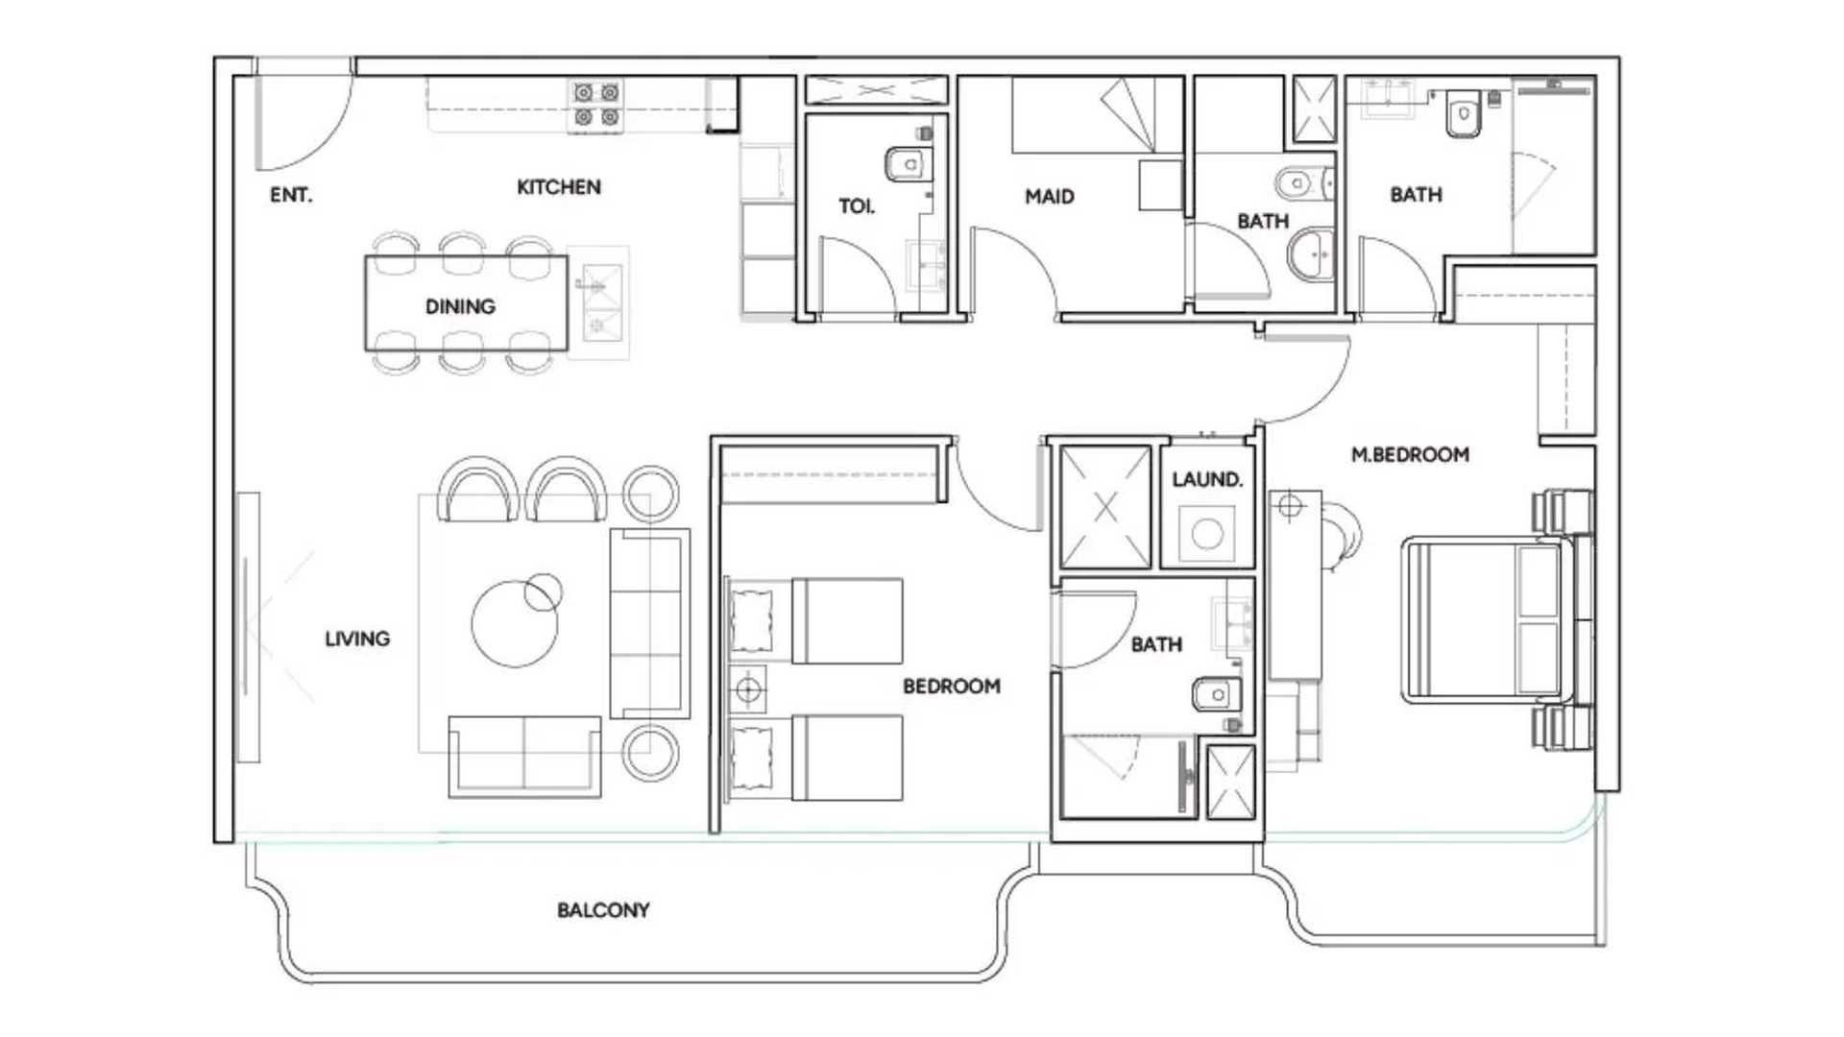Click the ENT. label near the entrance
coord(290,195)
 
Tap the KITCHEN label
coord(559,187)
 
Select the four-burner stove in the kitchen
coord(596,105)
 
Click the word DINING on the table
coord(460,306)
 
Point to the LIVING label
coord(357,639)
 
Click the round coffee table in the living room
coord(515,623)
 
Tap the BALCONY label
coord(603,909)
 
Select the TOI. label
coord(857,206)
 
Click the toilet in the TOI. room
coord(909,164)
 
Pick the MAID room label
coord(1049,197)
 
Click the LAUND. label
coord(1206,479)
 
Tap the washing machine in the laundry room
coord(1206,534)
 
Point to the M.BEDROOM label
coord(1410,455)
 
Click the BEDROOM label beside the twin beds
coord(951,687)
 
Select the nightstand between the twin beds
coord(748,689)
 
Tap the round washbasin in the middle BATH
coord(1311,254)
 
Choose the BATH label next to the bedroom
coord(1156,644)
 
